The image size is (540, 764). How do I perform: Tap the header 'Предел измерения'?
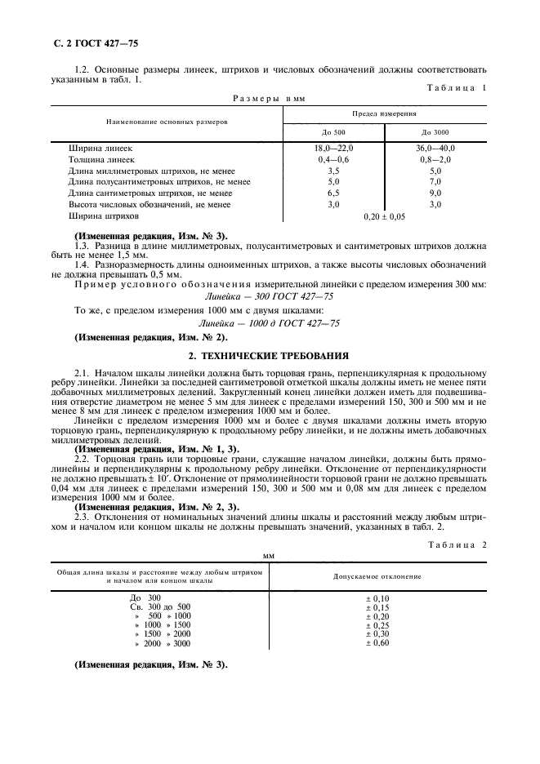[384, 113]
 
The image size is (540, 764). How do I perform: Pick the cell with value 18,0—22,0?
[332, 149]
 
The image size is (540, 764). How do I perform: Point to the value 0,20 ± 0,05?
[384, 217]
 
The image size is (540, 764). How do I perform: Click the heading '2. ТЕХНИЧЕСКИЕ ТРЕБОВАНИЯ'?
[269, 356]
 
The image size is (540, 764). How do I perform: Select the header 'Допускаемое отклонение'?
[377, 576]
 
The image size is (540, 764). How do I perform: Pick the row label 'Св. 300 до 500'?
[160, 607]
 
